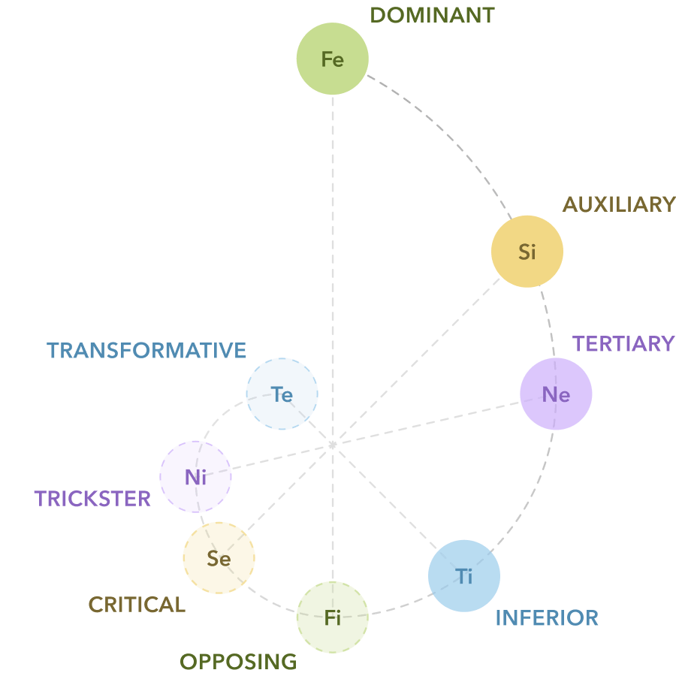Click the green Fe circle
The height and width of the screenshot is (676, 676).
point(332,59)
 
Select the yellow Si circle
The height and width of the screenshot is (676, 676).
point(527,252)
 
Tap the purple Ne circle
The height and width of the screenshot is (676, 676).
point(556,394)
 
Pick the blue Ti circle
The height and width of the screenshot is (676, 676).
point(464,576)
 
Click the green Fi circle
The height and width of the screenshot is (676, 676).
point(332,617)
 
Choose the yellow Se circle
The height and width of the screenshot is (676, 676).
point(219,558)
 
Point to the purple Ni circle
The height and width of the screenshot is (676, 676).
point(195,476)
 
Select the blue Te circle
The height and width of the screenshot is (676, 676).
point(282,394)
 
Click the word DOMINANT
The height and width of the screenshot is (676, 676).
point(432,15)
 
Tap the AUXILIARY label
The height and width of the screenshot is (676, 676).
point(619,204)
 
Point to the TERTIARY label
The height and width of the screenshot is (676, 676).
point(623,343)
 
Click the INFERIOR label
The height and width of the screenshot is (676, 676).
point(547,618)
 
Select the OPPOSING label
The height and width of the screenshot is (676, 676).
point(238,662)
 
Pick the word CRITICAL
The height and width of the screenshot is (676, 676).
point(137,605)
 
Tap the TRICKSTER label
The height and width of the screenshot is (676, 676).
point(92,499)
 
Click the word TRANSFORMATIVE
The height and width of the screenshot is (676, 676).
point(146,351)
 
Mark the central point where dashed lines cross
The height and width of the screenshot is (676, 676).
point(332,445)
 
